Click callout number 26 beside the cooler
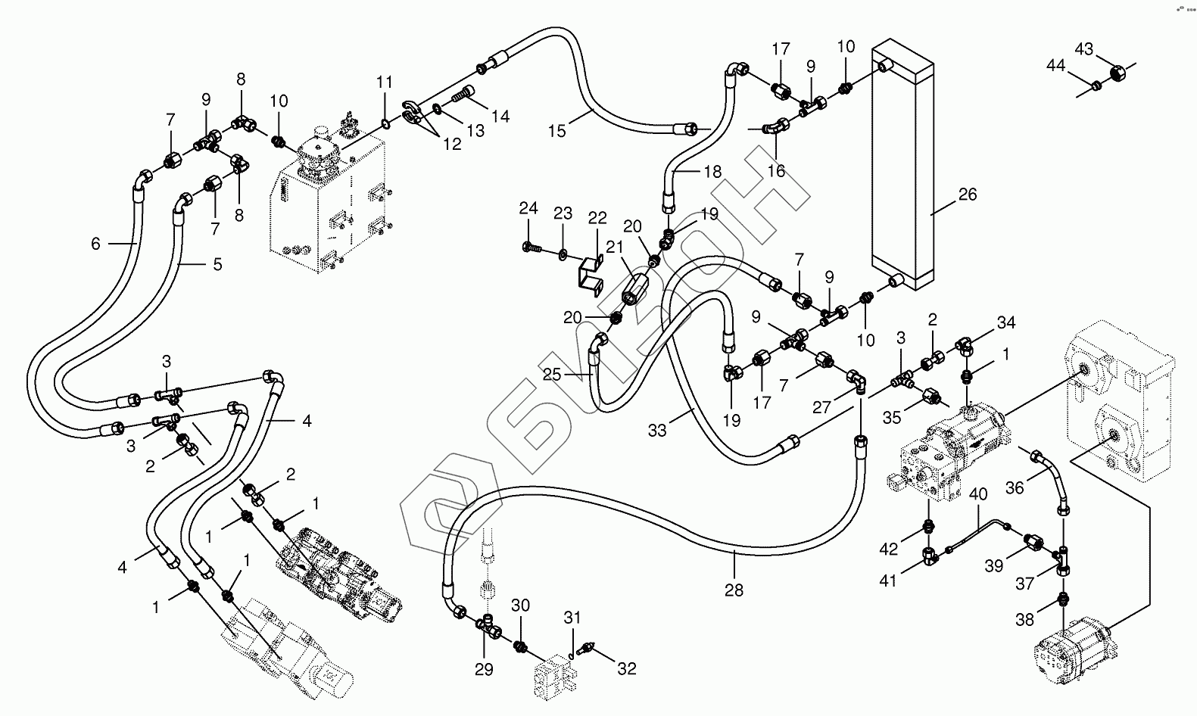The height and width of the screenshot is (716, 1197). click(968, 195)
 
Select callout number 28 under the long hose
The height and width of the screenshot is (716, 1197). click(734, 590)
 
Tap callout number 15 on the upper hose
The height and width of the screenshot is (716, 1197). click(556, 131)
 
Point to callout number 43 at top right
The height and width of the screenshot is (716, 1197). click(1084, 48)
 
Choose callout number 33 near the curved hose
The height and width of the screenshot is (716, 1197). click(656, 431)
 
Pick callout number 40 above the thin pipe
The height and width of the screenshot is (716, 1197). click(978, 496)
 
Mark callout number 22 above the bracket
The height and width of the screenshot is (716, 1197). click(597, 218)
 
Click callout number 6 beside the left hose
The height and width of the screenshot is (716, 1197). click(95, 243)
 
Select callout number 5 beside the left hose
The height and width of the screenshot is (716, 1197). click(217, 265)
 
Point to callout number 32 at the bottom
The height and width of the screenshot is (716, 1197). click(626, 668)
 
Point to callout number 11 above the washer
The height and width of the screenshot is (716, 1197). click(385, 82)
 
